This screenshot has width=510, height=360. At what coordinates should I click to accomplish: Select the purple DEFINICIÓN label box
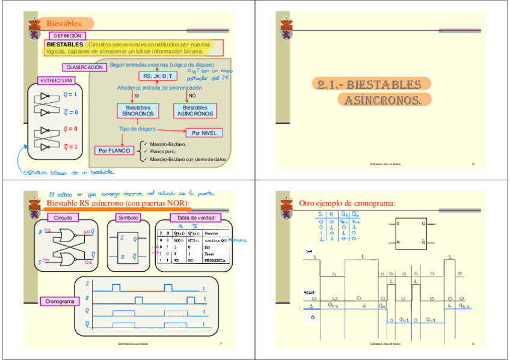[x=67, y=36]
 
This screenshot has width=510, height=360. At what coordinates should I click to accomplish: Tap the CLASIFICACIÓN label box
[x=84, y=67]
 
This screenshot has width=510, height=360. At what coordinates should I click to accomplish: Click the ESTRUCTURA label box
[x=56, y=81]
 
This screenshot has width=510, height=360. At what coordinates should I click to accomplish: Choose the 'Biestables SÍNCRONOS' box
[x=138, y=111]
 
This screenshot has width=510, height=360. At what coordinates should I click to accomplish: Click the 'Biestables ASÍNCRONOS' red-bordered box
[x=195, y=111]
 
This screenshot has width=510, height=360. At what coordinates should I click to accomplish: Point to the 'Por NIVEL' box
[x=204, y=133]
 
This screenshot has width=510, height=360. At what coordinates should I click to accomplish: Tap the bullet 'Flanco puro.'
[x=163, y=151]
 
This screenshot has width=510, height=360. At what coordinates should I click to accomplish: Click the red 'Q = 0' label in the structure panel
[x=70, y=129]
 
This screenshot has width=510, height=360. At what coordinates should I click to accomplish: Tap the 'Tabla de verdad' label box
[x=195, y=218]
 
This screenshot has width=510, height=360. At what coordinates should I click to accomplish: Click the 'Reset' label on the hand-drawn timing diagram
[x=310, y=293]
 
